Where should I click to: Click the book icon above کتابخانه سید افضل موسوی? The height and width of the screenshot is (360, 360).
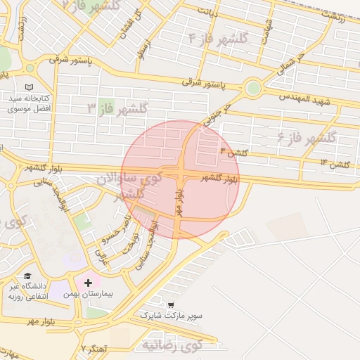29,86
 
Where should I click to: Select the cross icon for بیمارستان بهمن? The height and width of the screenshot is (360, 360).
88,283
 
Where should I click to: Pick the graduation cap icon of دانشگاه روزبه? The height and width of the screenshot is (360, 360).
27,276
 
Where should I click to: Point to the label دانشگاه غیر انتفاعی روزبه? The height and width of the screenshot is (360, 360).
27,291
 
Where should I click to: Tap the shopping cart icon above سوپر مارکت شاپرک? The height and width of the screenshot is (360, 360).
171,305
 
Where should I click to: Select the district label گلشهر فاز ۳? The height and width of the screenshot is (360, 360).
117,108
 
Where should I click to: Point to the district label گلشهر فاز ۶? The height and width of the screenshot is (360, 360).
307,136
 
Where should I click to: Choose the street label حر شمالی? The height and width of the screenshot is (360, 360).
291,65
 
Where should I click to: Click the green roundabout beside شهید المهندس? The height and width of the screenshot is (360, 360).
252,89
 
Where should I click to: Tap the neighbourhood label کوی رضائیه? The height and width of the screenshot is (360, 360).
172,345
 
